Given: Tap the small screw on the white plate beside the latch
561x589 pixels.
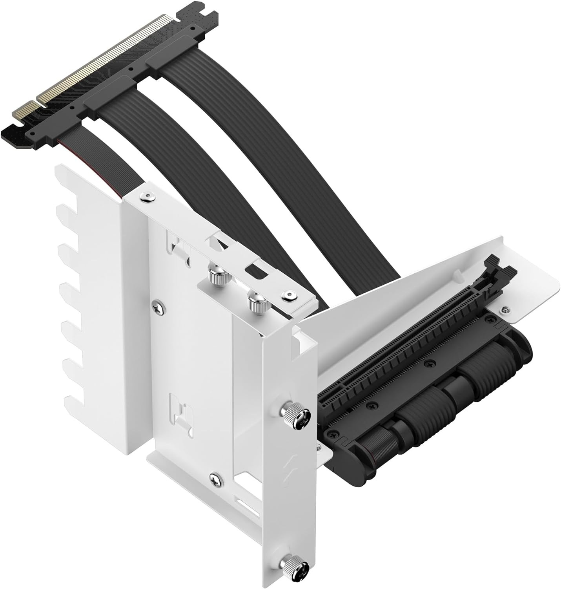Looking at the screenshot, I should (x=504, y=310).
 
